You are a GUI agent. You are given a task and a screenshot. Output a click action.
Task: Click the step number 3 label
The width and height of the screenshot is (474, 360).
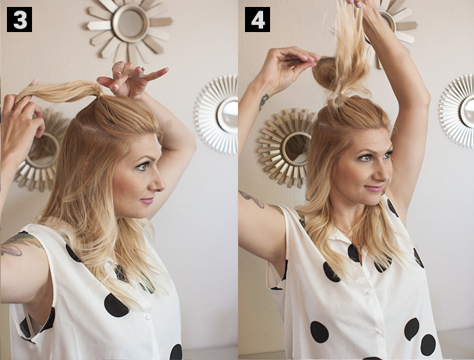pos(19,19)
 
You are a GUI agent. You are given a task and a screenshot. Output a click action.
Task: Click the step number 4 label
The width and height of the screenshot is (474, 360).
pos(258,19)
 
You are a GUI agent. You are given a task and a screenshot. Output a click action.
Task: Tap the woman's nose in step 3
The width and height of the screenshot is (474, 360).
pos(159,182)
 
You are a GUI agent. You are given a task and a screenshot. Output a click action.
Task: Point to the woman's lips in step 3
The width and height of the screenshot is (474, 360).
pos(148,201)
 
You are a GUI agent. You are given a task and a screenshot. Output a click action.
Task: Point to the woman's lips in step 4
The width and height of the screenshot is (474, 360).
pos(374,189)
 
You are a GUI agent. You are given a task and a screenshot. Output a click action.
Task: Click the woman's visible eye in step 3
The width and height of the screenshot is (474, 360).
pos(142,166)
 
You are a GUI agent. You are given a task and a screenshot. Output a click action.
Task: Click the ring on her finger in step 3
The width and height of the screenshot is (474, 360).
pos(143,70)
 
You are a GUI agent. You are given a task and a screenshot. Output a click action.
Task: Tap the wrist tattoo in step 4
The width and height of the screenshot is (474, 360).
pos(263,102)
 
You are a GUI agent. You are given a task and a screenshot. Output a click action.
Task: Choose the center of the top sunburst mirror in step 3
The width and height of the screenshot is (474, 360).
pos(130,23)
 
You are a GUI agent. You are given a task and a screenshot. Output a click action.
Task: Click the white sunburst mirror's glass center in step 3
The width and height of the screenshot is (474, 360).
pos(228,114)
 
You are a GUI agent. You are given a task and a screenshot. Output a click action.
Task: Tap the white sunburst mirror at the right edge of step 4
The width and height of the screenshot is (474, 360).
pos(457,111)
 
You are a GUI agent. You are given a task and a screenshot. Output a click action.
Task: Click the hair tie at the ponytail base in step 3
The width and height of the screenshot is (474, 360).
pos(97,91)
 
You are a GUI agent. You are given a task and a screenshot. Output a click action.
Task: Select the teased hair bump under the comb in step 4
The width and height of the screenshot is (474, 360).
pos(325,75)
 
